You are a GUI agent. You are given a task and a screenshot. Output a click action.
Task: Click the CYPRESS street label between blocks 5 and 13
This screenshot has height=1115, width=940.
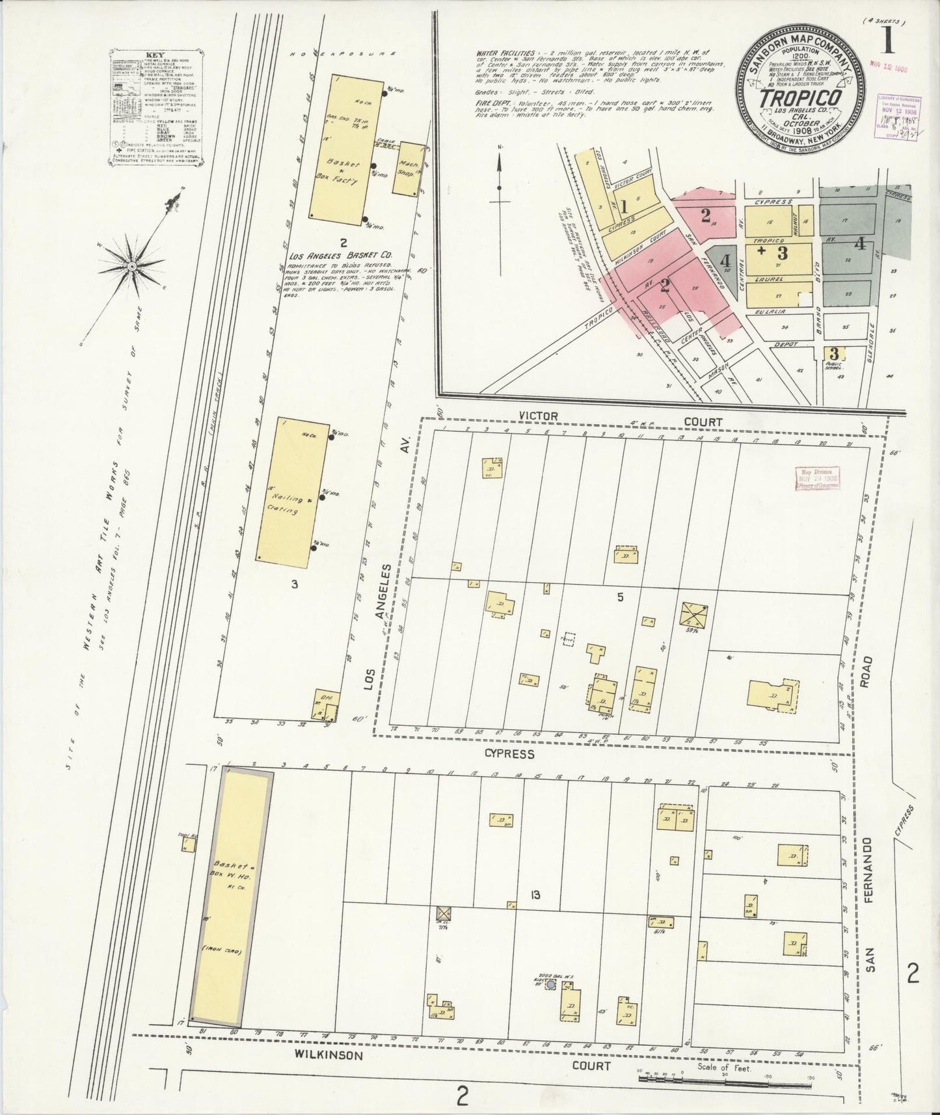tap(509, 753)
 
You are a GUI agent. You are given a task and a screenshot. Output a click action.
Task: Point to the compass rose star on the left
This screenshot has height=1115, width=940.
tap(132, 266)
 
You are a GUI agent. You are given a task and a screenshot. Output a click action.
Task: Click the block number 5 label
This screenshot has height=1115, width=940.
tap(620, 597)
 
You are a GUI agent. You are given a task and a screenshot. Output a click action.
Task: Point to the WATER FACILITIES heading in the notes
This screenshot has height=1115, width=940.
tap(499, 51)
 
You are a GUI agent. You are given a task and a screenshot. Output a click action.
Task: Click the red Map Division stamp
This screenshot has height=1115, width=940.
tap(818, 477)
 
